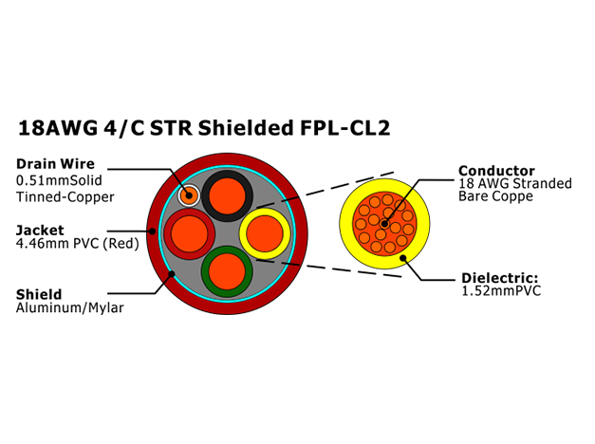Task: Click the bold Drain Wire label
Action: tap(55, 164)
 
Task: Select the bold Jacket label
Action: tap(40, 230)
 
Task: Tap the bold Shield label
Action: tap(39, 294)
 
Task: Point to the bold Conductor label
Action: tap(496, 171)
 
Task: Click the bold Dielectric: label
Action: tap(500, 278)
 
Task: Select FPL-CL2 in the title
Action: tap(344, 128)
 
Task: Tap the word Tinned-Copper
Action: tap(65, 197)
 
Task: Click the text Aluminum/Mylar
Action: tap(70, 307)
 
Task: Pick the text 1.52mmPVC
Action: tap(501, 291)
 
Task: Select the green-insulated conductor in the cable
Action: tap(227, 271)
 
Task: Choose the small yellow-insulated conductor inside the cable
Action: tap(265, 233)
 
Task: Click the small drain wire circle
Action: tap(189, 195)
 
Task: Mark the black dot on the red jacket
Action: tap(152, 231)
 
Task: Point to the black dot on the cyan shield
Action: tap(172, 273)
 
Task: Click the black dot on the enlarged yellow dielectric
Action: tap(403, 258)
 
